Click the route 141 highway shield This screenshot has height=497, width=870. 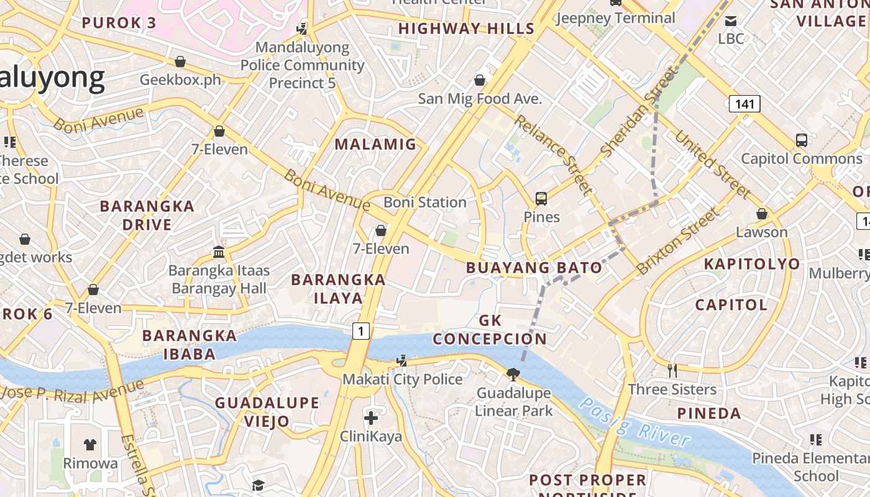744,104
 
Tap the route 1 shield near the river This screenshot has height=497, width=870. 361,331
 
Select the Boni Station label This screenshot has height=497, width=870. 424,203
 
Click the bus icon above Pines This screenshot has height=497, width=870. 541,199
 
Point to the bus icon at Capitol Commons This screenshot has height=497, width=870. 802,140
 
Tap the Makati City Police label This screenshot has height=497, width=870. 402,379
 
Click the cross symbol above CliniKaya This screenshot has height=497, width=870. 371,418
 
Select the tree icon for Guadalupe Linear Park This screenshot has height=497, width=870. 513,374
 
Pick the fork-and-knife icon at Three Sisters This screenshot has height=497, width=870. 672,371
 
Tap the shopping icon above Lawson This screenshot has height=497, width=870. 762,214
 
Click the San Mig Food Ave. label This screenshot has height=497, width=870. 480,99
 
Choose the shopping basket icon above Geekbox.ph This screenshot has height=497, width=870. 180,62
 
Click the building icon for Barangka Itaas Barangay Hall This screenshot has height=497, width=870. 219,252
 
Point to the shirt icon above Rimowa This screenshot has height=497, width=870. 90,444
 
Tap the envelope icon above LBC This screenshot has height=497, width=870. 731,21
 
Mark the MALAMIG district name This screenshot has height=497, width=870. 375,145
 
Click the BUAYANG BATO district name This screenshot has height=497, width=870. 534,268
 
